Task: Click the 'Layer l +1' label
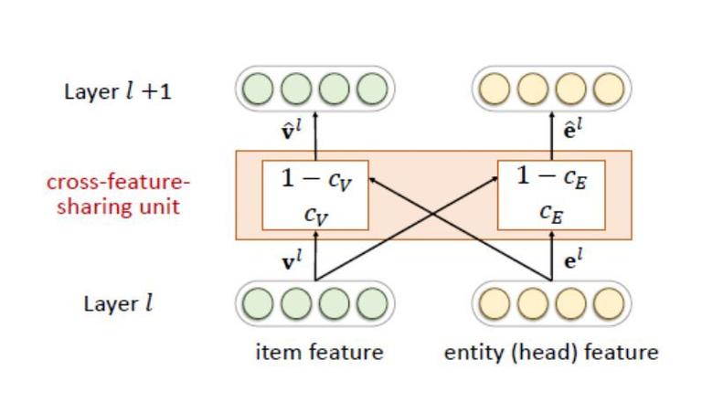tap(118, 91)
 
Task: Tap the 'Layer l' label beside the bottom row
tap(118, 304)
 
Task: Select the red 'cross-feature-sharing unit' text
tap(118, 195)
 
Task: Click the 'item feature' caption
tap(319, 353)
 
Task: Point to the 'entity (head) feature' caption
tap(551, 353)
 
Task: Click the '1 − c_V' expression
tap(316, 179)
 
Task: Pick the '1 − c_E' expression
tap(551, 177)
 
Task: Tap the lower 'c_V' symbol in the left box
tap(316, 216)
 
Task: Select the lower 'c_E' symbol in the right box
tap(551, 213)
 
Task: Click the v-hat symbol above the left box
tap(291, 131)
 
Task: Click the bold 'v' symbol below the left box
tap(291, 260)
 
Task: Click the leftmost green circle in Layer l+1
tap(258, 89)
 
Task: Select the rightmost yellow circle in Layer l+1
tap(609, 89)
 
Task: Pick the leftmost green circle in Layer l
tap(258, 303)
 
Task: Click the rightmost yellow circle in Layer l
tap(609, 303)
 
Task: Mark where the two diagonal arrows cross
tap(433, 215)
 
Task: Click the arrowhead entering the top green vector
tap(315, 114)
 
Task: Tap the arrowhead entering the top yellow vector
tap(551, 114)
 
